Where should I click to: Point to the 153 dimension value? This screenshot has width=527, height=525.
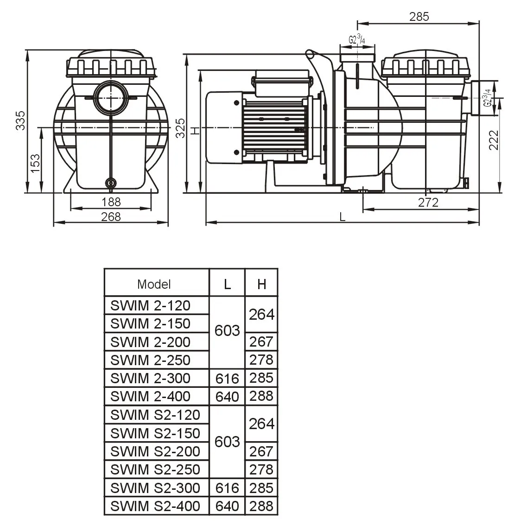[35, 164]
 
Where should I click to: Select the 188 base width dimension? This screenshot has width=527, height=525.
[111, 202]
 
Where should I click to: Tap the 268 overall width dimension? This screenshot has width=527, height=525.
[111, 217]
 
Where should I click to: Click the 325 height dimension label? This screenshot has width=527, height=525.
[180, 128]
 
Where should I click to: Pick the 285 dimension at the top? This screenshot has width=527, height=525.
[419, 17]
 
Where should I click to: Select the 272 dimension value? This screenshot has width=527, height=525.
[428, 202]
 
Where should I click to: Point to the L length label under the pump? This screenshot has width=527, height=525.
[343, 217]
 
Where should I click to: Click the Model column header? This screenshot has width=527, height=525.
[154, 284]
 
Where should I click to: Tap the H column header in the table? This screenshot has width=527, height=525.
[261, 284]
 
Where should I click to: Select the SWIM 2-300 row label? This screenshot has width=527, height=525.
[151, 378]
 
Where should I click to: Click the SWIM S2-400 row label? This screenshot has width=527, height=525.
[155, 506]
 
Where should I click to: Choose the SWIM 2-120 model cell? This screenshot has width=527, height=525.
[151, 305]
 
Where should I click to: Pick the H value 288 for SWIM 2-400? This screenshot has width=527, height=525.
[261, 396]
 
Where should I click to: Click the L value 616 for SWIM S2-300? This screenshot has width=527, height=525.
[227, 488]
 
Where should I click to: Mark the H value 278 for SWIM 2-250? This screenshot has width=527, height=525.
[261, 360]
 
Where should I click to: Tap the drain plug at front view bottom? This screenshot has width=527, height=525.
[111, 183]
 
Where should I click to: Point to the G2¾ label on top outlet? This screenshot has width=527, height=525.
[356, 40]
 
